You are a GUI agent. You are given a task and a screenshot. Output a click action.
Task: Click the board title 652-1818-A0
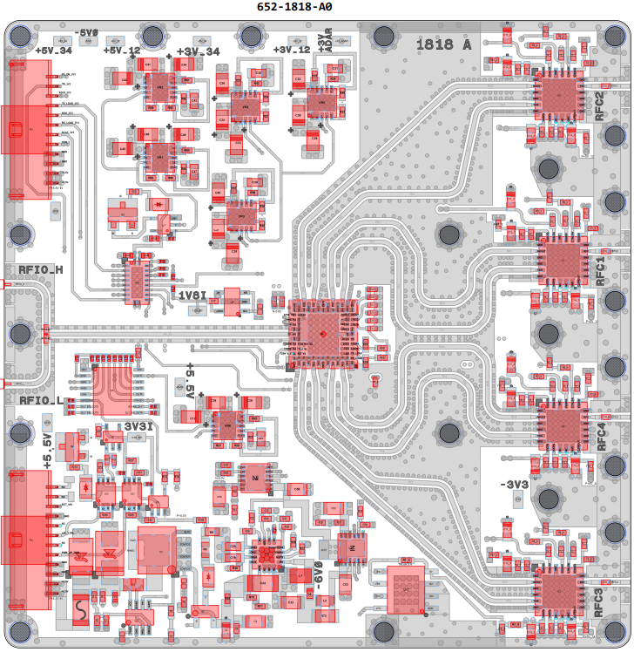tap(294, 7)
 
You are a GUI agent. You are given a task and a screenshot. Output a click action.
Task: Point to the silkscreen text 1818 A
tap(443, 44)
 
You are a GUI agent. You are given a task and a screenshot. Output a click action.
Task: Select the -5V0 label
tap(87, 34)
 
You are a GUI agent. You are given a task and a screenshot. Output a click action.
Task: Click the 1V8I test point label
tap(192, 295)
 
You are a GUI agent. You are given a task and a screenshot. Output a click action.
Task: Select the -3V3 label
tap(513, 485)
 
